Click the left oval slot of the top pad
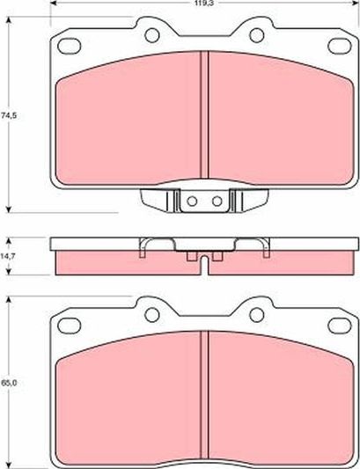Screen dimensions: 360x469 point(70,46)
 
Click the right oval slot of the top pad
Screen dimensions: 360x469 point(340,46)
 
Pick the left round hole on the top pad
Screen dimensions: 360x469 point(152,35)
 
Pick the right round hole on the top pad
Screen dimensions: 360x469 point(256,35)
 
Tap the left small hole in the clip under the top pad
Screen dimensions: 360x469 point(192,202)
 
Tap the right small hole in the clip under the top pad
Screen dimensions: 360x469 point(217,202)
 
